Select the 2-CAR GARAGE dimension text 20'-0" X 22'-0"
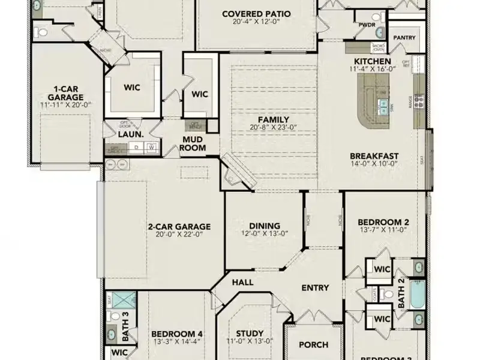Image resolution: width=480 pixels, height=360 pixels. pos(179,235)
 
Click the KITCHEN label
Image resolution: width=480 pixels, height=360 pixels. pos(372,61)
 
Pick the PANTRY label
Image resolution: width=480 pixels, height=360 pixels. pos(404,37)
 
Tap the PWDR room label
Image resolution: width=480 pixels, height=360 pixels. pos(367,26)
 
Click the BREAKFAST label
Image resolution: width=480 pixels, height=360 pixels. pos(374,156)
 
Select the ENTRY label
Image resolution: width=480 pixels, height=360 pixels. pos(314,288)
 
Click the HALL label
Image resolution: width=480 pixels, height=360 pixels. pos(242,282)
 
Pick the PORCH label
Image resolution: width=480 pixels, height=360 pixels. pos(313,344)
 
